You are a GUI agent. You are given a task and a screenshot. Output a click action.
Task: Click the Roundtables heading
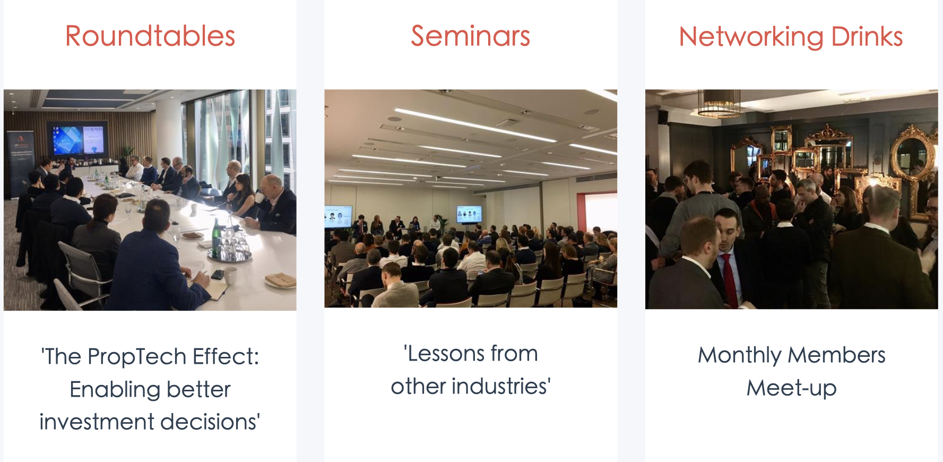point(150,36)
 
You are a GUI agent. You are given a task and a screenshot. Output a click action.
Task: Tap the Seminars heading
point(471,36)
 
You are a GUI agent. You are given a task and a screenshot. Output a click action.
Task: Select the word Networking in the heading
point(751,37)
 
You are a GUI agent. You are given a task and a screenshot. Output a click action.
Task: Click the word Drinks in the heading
point(867,37)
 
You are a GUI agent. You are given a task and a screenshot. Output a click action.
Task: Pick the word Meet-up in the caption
point(792,388)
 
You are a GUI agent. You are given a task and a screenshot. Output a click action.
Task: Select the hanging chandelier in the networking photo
point(719,104)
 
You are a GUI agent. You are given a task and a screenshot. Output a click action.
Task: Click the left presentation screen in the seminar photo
point(338,216)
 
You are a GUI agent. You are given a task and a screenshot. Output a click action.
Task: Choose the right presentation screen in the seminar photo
point(469,214)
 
